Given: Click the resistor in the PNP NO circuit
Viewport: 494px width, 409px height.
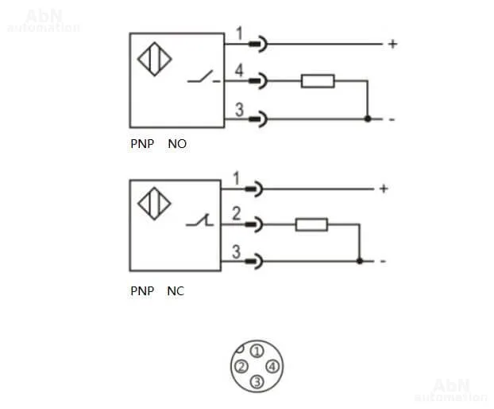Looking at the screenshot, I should click(317, 81).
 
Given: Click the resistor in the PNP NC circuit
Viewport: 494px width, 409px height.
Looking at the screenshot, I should click(311, 225).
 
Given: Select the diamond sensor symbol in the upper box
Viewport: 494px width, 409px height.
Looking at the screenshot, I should click(154, 61).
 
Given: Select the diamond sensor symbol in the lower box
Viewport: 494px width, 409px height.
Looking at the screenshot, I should click(154, 204).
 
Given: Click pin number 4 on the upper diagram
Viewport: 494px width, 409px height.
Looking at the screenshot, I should click(239, 72).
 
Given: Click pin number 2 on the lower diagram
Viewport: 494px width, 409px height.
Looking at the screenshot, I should click(236, 214).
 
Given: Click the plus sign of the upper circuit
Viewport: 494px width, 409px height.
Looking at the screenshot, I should click(392, 44).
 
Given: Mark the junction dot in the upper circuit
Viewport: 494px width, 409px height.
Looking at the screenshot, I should click(367, 119).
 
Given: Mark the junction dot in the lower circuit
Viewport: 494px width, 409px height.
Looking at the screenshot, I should click(359, 260).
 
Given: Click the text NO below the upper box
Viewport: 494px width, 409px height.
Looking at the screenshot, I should click(177, 145).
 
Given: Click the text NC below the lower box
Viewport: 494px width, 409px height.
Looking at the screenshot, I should click(176, 291).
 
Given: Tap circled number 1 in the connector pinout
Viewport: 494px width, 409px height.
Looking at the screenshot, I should click(256, 350).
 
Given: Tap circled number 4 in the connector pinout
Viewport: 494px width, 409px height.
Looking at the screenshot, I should click(272, 367).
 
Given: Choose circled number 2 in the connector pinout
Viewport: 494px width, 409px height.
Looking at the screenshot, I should click(240, 367).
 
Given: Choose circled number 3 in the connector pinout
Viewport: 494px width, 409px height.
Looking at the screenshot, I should click(256, 383).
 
